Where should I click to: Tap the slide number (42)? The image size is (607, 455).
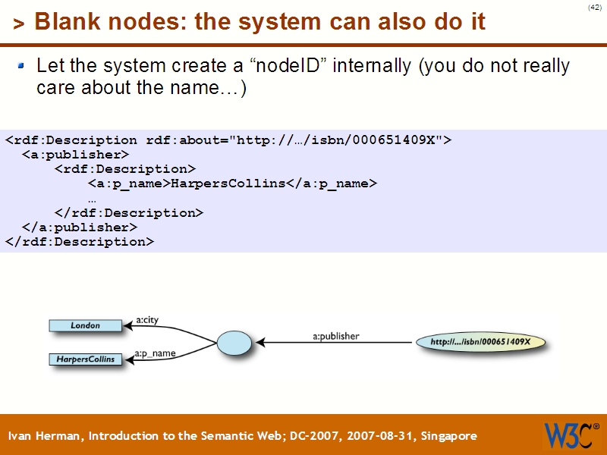pos(594,8)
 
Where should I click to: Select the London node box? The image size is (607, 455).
pos(85,325)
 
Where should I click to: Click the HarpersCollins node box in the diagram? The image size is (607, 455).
pos(85,359)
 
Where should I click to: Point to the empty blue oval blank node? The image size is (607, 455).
pos(234,343)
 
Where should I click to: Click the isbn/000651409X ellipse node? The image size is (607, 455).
pos(480,342)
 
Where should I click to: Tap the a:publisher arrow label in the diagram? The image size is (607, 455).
pos(336,335)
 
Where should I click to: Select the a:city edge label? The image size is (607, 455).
pos(146,320)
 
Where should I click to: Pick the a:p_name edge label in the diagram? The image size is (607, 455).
pos(155,353)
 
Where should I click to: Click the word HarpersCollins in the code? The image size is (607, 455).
pos(227,184)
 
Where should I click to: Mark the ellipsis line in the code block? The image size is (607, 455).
pos(92,199)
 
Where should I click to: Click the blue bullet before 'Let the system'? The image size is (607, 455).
pos(21,67)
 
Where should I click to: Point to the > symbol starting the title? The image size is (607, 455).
pos(19,24)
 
